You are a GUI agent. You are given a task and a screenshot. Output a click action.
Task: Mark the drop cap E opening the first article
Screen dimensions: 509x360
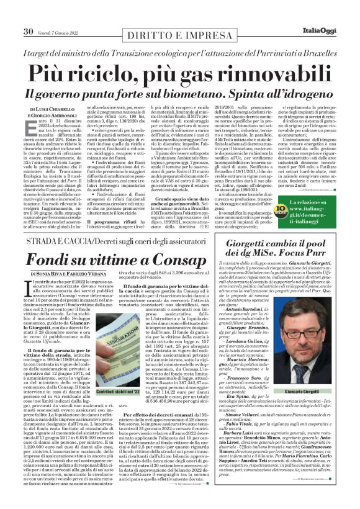(36, 128)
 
